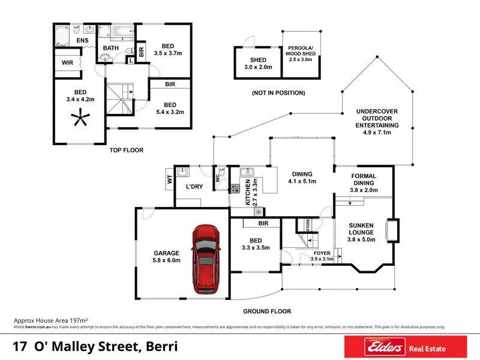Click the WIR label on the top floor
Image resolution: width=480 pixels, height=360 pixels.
click(67, 62)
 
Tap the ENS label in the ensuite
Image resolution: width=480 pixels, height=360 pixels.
click(82, 41)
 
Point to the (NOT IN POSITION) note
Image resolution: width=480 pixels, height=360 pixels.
click(278, 93)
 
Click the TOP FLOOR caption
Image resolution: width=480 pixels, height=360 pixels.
click(127, 150)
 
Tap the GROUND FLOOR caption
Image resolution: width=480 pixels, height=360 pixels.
click(267, 311)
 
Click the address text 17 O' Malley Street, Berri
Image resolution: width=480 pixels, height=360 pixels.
click(96, 347)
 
